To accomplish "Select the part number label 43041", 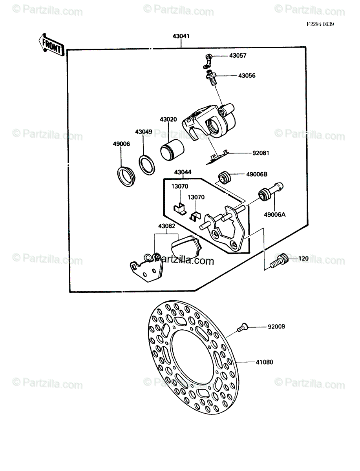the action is click(181, 36).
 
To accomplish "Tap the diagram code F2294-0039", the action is click(320, 24).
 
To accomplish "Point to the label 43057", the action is click(238, 56).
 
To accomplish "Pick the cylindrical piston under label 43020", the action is click(172, 150).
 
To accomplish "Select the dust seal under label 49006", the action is click(126, 176).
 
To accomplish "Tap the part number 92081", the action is click(260, 153).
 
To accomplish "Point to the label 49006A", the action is click(274, 214).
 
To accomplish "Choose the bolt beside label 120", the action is click(278, 260).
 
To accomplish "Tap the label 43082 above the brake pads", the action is click(167, 226).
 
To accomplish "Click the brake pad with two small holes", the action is click(146, 268).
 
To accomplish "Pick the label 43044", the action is click(183, 172).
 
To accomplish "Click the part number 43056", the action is click(247, 75).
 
